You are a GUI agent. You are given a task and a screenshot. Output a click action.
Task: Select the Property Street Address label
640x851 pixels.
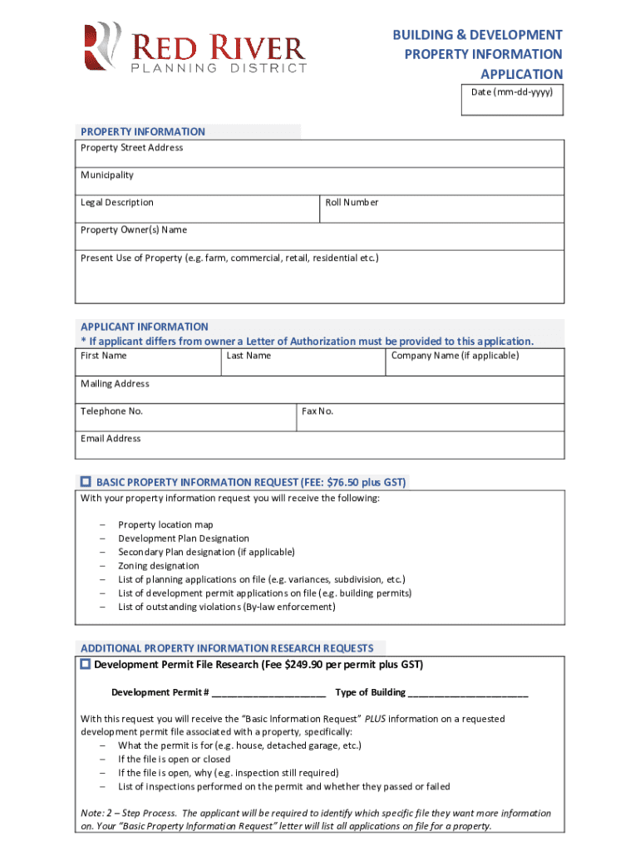[131, 148]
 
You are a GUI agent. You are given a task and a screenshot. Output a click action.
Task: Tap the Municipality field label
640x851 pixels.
[106, 175]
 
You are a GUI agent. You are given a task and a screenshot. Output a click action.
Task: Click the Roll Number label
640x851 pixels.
[352, 203]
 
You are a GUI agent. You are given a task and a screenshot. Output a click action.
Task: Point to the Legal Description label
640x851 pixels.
[116, 203]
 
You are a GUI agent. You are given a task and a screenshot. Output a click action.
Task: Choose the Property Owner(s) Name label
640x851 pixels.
[133, 230]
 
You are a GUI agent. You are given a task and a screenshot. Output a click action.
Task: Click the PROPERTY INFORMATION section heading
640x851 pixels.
[142, 131]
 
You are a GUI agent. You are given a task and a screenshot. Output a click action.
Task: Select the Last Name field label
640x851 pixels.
[249, 356]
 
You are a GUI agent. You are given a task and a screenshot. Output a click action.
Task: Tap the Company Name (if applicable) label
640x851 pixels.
[455, 356]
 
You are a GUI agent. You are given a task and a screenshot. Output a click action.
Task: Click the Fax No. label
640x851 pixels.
[318, 411]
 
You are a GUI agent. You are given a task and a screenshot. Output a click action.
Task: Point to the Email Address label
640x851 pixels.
[111, 439]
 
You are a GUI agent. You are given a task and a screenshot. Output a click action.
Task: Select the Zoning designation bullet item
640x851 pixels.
[158, 566]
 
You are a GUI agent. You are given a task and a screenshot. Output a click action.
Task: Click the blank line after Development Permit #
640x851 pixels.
[268, 693]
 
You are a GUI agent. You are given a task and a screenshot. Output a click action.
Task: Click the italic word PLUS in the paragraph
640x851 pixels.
[376, 719]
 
